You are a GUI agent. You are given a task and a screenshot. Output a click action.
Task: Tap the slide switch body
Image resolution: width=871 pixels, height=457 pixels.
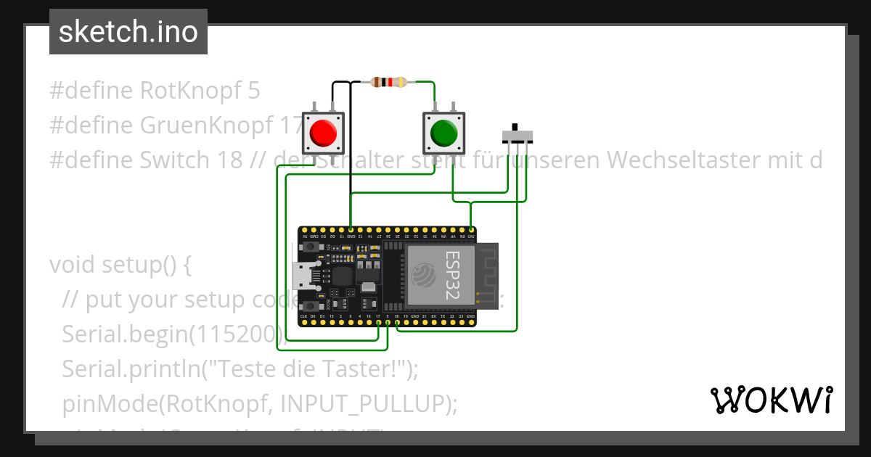click(518, 136)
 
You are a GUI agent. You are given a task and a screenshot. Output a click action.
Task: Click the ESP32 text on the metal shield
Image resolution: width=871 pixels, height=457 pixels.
click(452, 276)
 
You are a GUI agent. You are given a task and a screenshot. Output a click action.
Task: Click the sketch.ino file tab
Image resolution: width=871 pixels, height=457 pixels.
click(128, 32)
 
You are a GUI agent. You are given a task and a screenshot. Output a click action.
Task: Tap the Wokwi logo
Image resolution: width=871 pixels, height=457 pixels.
click(772, 400)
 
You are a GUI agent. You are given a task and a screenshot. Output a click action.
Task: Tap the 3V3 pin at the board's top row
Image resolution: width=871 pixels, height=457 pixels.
click(471, 229)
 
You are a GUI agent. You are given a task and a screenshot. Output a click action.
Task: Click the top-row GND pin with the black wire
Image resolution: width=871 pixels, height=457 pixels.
click(351, 229)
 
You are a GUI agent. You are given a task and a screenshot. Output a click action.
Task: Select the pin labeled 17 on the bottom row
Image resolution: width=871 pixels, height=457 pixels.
click(378, 323)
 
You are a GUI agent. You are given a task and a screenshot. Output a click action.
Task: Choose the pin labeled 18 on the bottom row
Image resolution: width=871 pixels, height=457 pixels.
click(397, 323)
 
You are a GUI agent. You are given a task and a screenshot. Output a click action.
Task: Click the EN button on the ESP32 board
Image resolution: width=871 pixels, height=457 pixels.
click(310, 247)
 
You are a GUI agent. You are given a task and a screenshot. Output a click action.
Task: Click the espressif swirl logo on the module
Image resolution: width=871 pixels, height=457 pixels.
click(423, 276)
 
